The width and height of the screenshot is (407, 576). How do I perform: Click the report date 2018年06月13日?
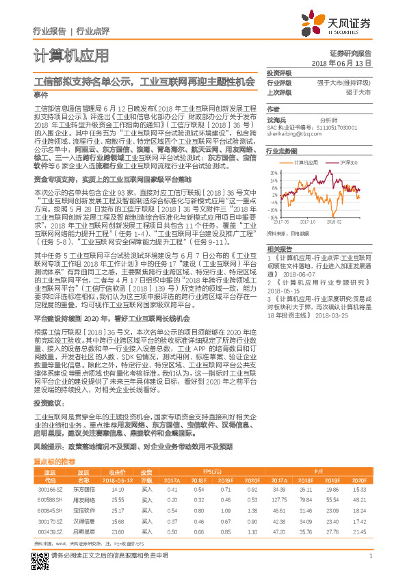340,62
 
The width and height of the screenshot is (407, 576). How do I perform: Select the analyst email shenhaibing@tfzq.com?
291,135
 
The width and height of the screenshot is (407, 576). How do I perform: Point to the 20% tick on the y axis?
272,173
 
